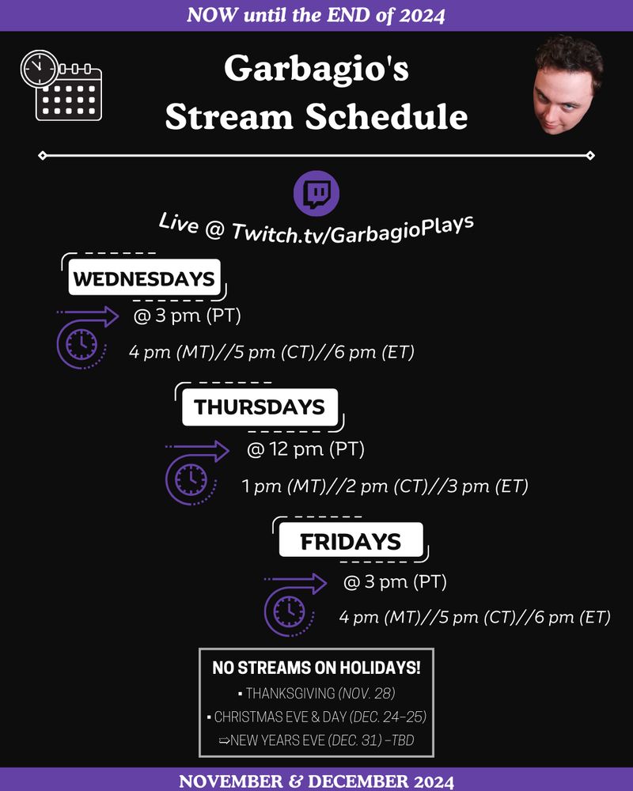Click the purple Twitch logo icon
[x=316, y=194]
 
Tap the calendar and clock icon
[x=61, y=85]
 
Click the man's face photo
[x=568, y=85]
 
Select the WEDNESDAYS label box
[x=144, y=277]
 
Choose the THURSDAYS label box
[x=260, y=407]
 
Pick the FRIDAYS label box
[x=351, y=539]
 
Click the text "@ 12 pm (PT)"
[x=305, y=449]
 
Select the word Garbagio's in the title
[x=316, y=68]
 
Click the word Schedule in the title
[x=386, y=116]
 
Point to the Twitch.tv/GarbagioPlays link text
[x=352, y=229]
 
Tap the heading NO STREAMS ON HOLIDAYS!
[x=316, y=668]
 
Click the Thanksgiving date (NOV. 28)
[x=366, y=694]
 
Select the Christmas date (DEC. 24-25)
[x=388, y=717]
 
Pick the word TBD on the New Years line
[x=403, y=740]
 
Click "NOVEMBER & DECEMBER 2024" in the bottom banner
[x=316, y=781]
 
